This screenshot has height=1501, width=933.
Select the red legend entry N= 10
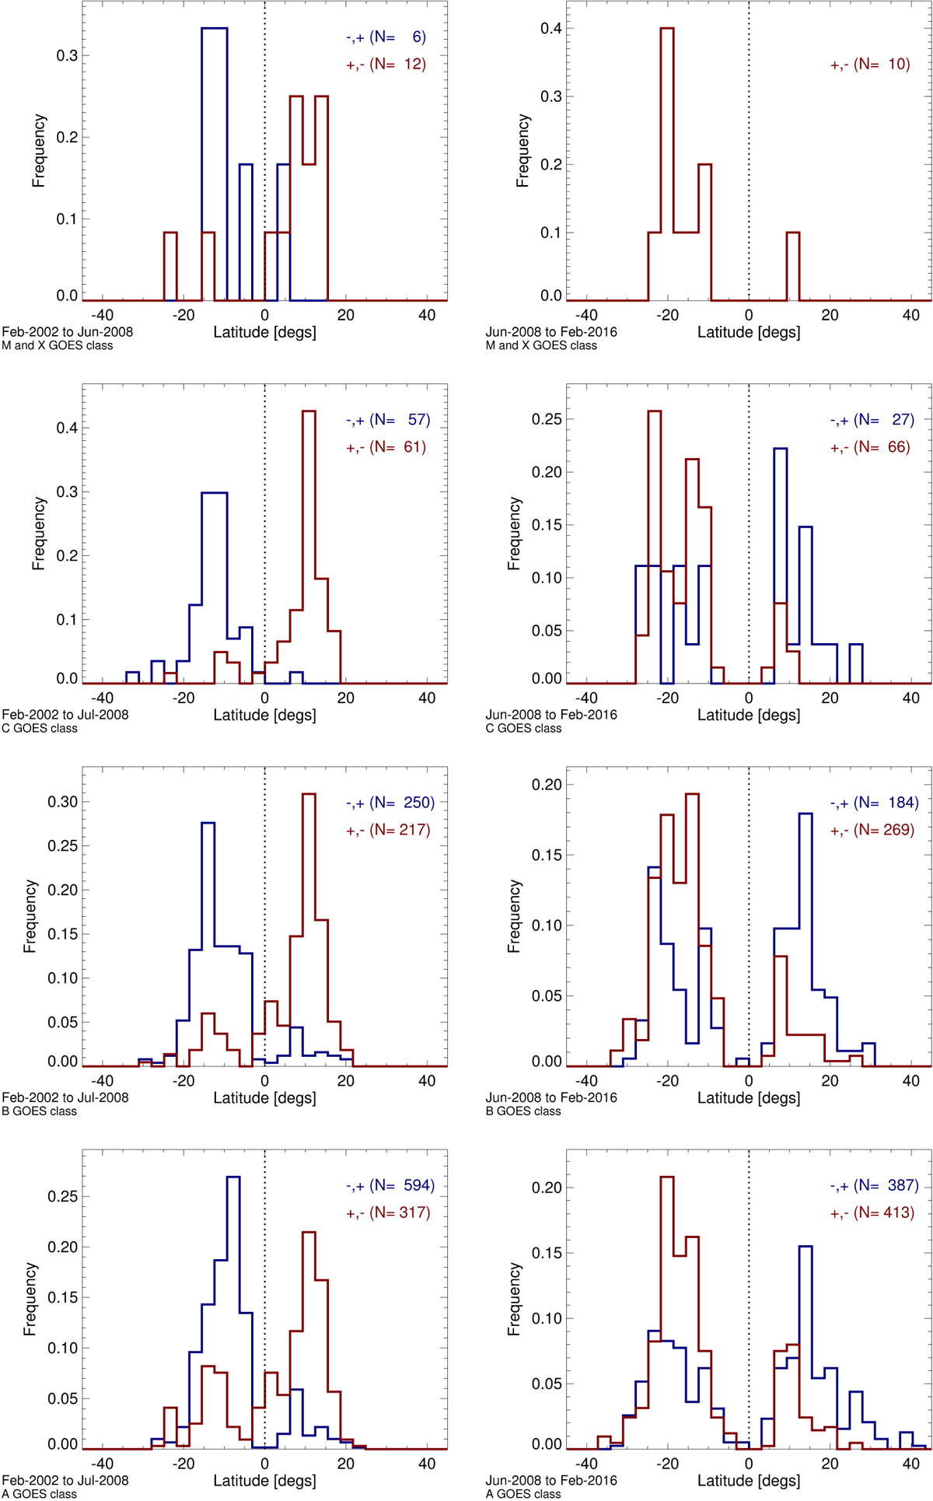tap(870, 65)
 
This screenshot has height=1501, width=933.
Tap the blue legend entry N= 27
tap(872, 420)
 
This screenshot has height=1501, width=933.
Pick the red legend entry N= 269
tap(872, 830)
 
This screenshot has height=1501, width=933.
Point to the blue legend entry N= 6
tap(386, 37)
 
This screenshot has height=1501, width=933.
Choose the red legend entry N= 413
tap(872, 1212)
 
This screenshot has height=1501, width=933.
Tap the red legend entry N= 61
tap(386, 447)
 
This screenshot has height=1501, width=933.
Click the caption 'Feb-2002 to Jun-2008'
tap(67, 332)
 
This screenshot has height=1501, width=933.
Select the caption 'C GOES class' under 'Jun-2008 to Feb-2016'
tap(523, 729)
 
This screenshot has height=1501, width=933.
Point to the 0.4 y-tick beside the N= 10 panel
tap(551, 29)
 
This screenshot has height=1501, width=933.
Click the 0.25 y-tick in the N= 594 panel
tap(63, 1196)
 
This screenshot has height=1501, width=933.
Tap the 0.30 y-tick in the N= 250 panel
tap(63, 802)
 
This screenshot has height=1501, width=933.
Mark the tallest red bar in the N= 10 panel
tap(666, 29)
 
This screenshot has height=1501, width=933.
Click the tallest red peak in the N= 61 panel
tap(309, 412)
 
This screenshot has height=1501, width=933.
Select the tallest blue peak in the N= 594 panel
tap(233, 1177)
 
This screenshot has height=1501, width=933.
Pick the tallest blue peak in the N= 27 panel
tap(780, 450)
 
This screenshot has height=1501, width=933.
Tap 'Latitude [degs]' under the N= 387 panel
tap(749, 1480)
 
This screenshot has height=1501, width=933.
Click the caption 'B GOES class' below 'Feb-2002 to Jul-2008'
tap(40, 1111)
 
